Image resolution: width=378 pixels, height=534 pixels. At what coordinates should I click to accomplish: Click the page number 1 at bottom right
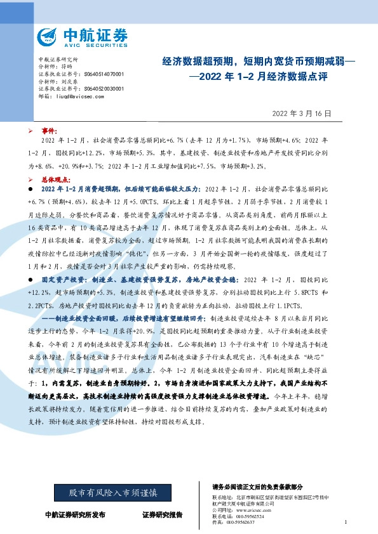tap(345, 522)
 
